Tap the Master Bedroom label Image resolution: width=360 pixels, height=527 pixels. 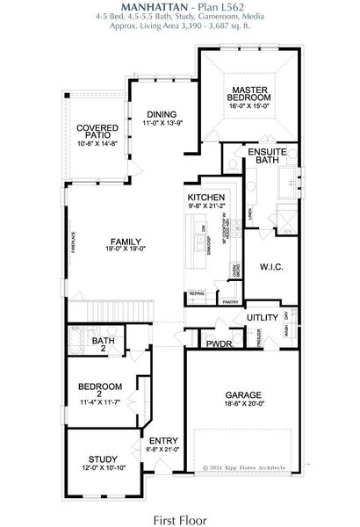249,94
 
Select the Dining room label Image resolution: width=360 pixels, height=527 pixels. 161,114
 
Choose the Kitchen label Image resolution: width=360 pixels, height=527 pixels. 206,198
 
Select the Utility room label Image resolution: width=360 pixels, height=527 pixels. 262,316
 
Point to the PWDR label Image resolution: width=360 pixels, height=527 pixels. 218,344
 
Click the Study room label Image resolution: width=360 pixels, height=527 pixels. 103,458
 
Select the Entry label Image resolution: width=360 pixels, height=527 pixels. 163,440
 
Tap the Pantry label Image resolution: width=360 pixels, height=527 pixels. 230,301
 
